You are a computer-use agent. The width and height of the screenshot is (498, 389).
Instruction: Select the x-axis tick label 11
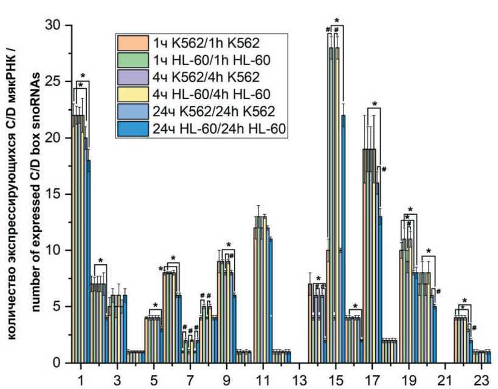(263, 379)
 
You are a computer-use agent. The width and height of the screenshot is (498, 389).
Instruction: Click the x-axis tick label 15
(336, 379)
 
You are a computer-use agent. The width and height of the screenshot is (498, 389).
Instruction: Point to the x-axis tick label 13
(300, 379)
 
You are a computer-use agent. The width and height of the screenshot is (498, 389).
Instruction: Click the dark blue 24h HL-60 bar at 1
(89, 262)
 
